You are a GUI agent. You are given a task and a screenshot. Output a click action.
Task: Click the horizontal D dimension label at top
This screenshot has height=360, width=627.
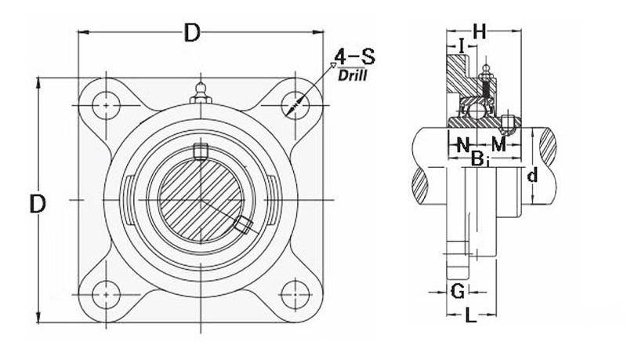(x=192, y=33)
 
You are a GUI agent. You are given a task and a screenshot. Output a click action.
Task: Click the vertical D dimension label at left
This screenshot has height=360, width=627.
(x=38, y=205)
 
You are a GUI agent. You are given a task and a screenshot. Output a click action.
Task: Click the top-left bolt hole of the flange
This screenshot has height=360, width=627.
(x=104, y=103)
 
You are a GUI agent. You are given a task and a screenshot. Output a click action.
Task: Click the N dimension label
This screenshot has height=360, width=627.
(x=462, y=144)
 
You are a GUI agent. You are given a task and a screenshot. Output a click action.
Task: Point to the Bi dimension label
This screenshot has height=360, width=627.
(x=480, y=159)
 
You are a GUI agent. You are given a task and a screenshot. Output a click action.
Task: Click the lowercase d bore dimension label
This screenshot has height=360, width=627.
(x=532, y=176)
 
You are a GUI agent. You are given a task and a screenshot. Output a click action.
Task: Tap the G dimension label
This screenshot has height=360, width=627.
(x=458, y=292)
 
